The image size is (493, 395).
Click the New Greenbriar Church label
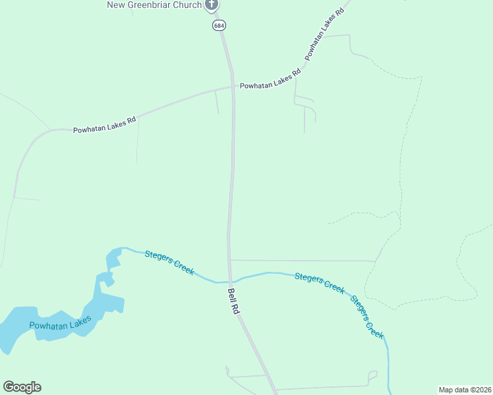click(x=154, y=5)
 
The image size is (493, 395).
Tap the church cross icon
click(x=212, y=5)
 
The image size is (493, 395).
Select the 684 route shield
click(x=218, y=25)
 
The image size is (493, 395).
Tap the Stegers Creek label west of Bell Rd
click(x=169, y=261)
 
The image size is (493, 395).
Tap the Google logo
click(x=22, y=387)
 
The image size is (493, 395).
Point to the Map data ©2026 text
click(x=465, y=390)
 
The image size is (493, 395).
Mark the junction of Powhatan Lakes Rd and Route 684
click(x=233, y=86)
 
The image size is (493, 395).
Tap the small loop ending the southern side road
click(x=373, y=376)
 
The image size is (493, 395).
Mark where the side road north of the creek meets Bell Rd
click(x=230, y=260)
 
